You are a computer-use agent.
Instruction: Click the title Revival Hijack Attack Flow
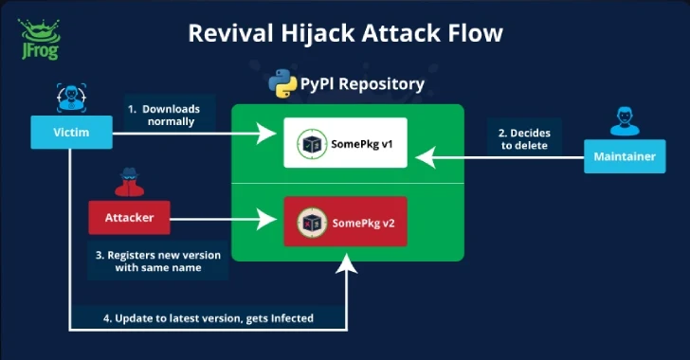(x=345, y=33)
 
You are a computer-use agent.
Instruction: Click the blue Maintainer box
(x=623, y=156)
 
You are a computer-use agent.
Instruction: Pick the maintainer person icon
(x=623, y=121)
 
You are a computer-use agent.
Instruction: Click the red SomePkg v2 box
(x=346, y=222)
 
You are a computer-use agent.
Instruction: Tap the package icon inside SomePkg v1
(x=309, y=144)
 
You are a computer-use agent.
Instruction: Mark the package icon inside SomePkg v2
(x=309, y=222)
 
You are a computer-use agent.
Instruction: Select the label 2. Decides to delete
(x=525, y=139)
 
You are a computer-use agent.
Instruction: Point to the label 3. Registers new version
(x=158, y=261)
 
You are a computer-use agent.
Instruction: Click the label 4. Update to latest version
(x=207, y=317)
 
